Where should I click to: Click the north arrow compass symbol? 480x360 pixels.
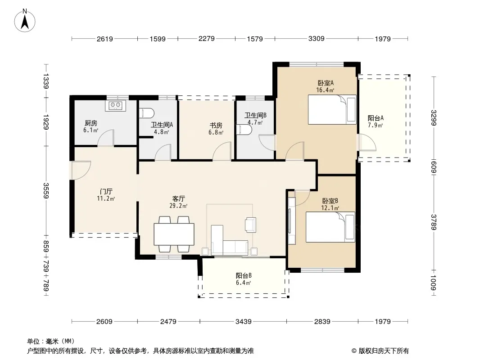pos(25,21)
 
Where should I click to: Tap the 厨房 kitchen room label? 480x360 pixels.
pos(91,123)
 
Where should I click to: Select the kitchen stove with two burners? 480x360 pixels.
pos(115,105)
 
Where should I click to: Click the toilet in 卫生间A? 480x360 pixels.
pos(146,113)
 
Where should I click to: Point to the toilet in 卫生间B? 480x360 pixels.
pos(244,130)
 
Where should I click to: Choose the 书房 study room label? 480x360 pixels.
pos(216,126)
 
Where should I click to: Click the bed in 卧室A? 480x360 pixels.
pos(332,109)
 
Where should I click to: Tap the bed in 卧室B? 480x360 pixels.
pos(331,227)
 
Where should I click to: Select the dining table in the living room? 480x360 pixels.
pos(174,234)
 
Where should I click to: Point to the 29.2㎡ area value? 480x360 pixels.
pos(178,206)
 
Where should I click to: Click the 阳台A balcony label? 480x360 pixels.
pos(375,118)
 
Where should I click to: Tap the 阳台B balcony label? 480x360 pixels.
pos(244,275)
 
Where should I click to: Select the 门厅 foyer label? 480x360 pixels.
pos(106,192)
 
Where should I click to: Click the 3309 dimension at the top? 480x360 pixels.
pos(316,39)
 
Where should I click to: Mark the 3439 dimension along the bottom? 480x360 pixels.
pos(243,321)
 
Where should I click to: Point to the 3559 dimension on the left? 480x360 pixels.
pos(46,190)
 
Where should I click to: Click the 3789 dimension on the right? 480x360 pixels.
pos(434,222)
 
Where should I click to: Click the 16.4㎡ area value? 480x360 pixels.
pos(325,90)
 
